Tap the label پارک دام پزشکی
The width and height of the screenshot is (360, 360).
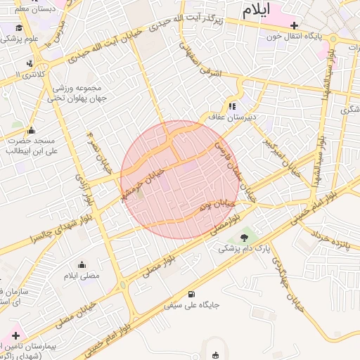click(x=244, y=248)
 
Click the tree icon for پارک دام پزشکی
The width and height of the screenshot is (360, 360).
click(x=244, y=238)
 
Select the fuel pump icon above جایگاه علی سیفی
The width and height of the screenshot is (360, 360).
click(x=191, y=294)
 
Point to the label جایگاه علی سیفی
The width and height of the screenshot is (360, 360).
click(x=192, y=306)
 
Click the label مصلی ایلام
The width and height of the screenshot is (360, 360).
click(x=82, y=276)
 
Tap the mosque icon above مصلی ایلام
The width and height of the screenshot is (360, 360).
click(x=82, y=265)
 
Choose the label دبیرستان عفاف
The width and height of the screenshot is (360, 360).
click(x=231, y=117)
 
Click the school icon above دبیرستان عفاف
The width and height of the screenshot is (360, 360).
click(x=232, y=106)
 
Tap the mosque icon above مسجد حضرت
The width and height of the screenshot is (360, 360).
click(x=30, y=130)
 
